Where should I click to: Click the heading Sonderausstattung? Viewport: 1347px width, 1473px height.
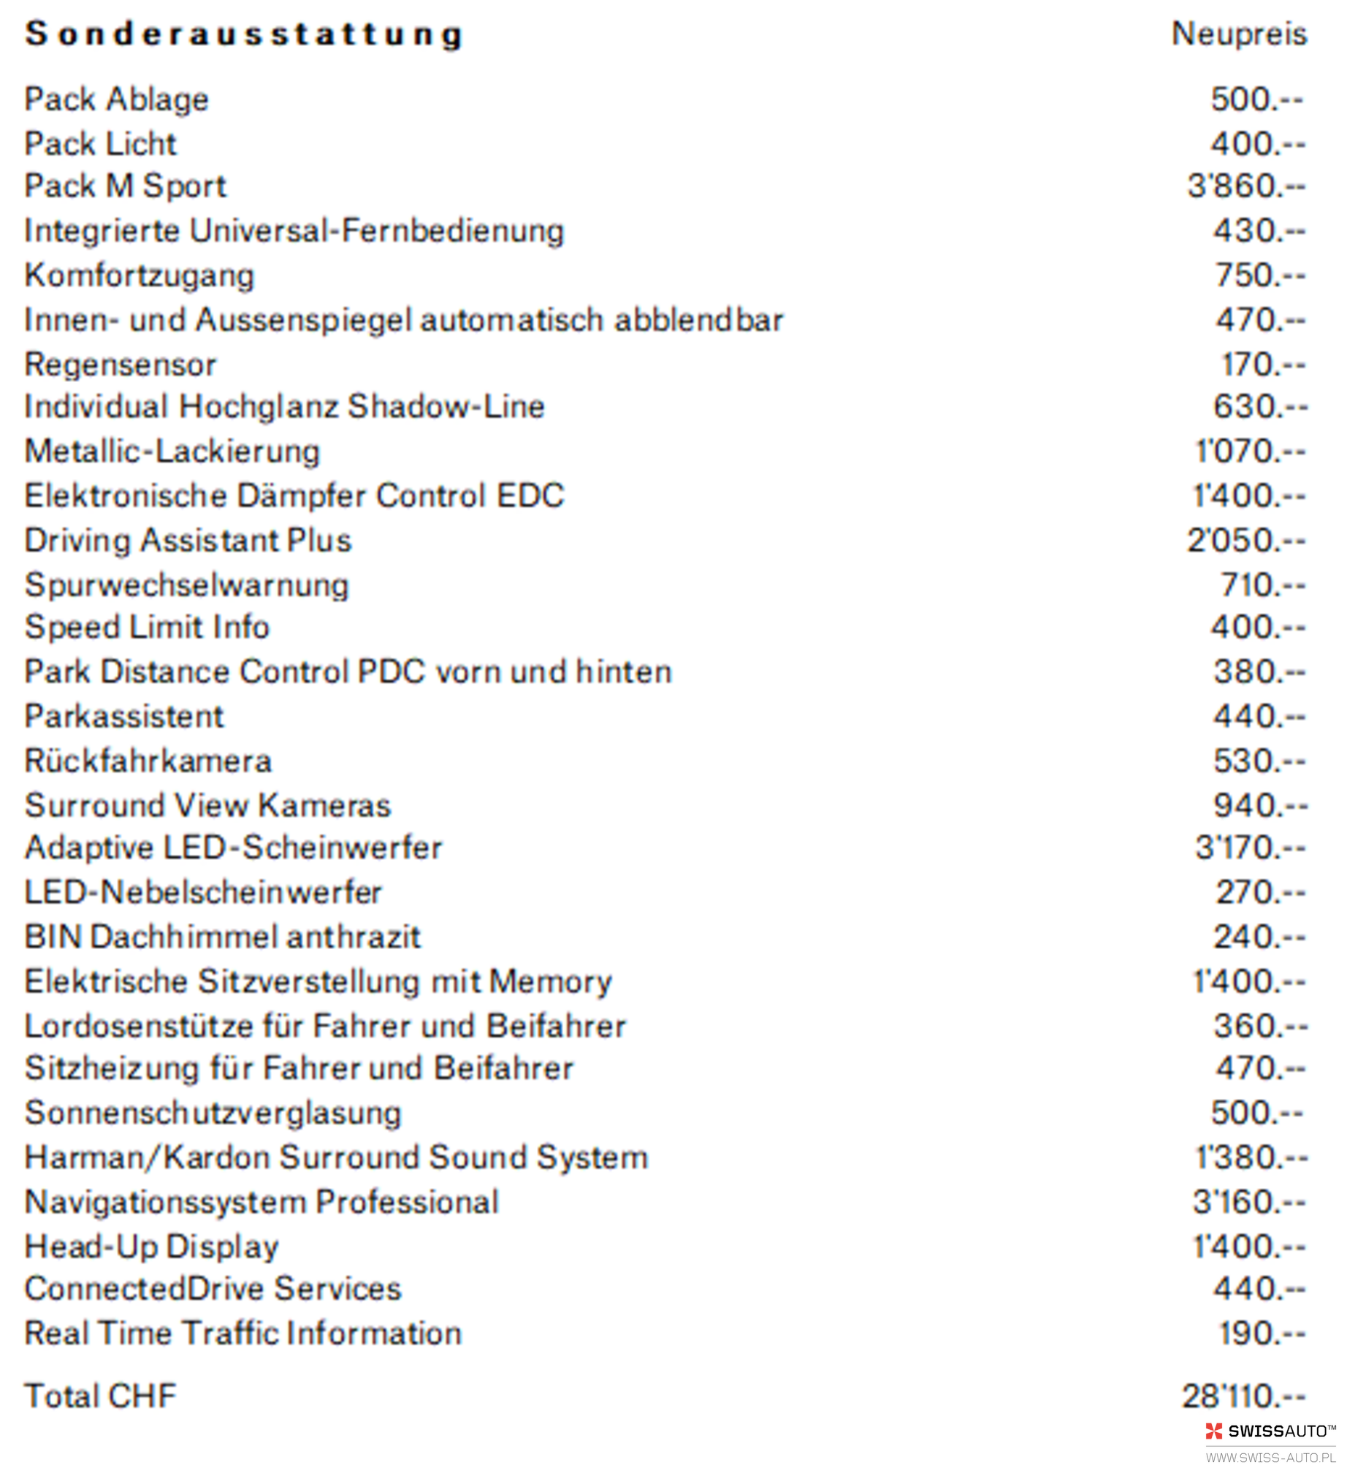point(245,34)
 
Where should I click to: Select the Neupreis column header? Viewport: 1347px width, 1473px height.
point(1240,34)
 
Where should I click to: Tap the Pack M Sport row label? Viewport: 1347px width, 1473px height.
point(126,186)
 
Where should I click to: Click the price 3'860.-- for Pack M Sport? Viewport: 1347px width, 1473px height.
point(1246,186)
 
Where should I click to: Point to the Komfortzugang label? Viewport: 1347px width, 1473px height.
point(140,276)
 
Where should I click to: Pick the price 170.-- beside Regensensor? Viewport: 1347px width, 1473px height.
point(1263,365)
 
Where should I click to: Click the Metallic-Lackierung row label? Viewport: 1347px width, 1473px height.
point(172,452)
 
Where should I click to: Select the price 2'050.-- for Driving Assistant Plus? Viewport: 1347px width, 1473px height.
point(1246,541)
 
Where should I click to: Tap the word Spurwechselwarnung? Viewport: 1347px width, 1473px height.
point(187,585)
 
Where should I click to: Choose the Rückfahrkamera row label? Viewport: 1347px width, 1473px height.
point(148,761)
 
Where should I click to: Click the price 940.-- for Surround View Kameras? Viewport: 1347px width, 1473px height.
point(1260,806)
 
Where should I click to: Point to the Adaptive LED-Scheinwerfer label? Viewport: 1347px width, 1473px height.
point(234,848)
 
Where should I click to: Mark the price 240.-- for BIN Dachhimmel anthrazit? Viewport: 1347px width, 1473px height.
point(1259,937)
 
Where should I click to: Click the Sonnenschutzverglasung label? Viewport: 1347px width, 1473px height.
point(213,1114)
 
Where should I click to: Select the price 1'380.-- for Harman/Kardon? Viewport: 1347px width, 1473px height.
point(1251,1158)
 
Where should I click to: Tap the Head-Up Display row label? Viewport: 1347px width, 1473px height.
point(152,1247)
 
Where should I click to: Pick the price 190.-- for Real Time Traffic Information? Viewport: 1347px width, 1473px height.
point(1262,1334)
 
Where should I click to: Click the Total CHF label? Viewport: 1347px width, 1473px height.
point(101,1396)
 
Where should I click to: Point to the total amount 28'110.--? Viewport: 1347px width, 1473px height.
point(1243,1396)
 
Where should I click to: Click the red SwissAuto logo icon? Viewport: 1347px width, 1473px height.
point(1213,1431)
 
